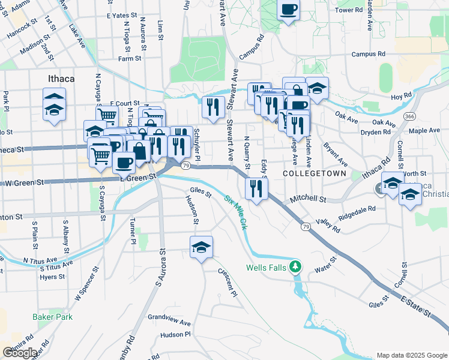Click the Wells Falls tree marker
tap(295, 266)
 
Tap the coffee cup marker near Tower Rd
tap(288, 10)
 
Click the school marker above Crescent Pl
tap(202, 246)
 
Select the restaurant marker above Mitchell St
tap(256, 188)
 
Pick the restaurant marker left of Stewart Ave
tap(213, 106)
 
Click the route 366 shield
tap(410, 116)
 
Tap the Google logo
tap(20, 353)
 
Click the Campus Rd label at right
tap(368, 54)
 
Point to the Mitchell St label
tap(307, 198)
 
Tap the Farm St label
tap(129, 59)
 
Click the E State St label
tap(417, 306)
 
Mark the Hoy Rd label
tap(401, 96)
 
